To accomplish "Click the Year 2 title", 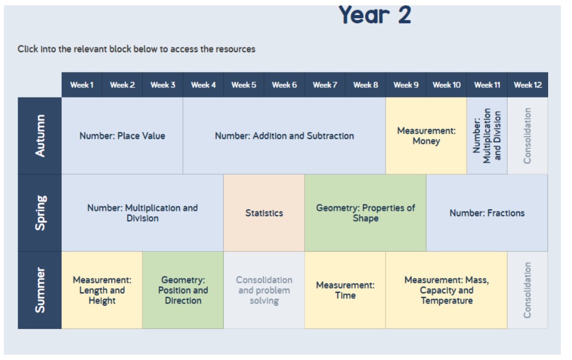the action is click(x=375, y=15).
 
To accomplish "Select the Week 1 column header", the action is click(x=81, y=85).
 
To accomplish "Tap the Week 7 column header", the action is click(x=325, y=85).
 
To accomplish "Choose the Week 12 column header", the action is click(x=527, y=85).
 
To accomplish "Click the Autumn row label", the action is click(x=40, y=136).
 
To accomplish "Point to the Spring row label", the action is click(x=40, y=213).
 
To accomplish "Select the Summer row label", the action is click(x=40, y=290).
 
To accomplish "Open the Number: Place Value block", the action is click(x=122, y=136).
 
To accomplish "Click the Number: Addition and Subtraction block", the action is click(x=284, y=136).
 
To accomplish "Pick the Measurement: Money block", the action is click(x=426, y=136).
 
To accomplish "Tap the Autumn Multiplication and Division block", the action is click(x=487, y=136).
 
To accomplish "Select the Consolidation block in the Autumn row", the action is click(x=527, y=136).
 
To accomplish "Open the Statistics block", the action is click(x=264, y=213).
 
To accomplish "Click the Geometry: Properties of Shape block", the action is click(x=365, y=213).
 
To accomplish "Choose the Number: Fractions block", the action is click(x=487, y=213).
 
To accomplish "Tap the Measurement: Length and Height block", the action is click(x=102, y=290).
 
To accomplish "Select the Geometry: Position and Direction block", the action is click(x=183, y=290).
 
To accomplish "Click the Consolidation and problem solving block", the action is click(x=264, y=290).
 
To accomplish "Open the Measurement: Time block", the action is click(x=345, y=290).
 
